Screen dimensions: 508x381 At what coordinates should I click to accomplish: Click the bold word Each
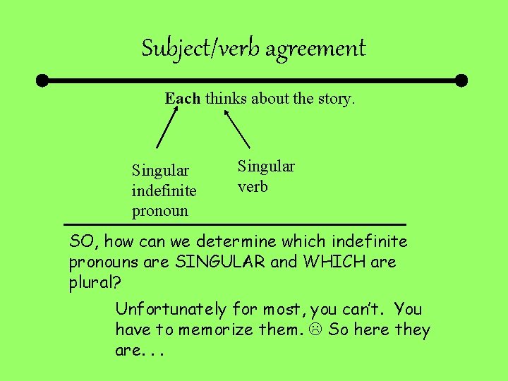pyautogui.click(x=183, y=99)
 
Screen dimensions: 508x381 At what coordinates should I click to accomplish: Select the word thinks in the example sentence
pyautogui.click(x=226, y=99)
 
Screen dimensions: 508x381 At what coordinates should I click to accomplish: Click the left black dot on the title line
pyautogui.click(x=43, y=80)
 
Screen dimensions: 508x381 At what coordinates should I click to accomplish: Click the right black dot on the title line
pyautogui.click(x=461, y=80)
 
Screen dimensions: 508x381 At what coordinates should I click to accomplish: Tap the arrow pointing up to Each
pyautogui.click(x=167, y=129)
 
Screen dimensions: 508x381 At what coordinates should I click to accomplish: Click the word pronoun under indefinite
pyautogui.click(x=159, y=211)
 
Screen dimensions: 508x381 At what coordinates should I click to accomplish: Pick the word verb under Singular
pyautogui.click(x=253, y=187)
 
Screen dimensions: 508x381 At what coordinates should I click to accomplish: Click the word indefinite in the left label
pyautogui.click(x=164, y=190)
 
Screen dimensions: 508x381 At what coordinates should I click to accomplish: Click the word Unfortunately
pyautogui.click(x=171, y=309)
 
